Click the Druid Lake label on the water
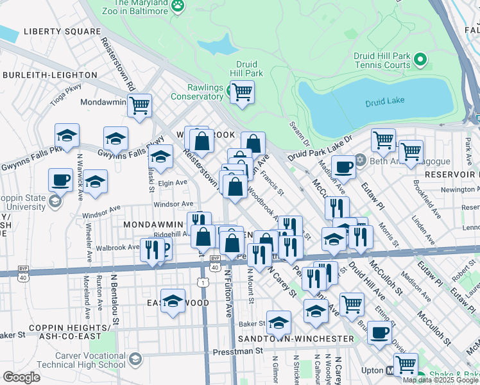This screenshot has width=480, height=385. pyautogui.click(x=384, y=102)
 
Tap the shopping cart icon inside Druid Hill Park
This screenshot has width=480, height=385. pyautogui.click(x=242, y=92)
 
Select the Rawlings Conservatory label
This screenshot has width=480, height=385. pyautogui.click(x=196, y=92)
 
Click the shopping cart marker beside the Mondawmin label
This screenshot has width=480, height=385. pyautogui.click(x=139, y=105)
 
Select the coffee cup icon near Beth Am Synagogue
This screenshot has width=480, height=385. pyautogui.click(x=344, y=167)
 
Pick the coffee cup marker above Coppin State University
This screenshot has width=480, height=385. pyautogui.click(x=61, y=179)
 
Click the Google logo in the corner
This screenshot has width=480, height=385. pyautogui.click(x=21, y=377)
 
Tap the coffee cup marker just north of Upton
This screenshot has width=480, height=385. pyautogui.click(x=380, y=332)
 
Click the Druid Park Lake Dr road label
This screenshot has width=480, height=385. pyautogui.click(x=320, y=147)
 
